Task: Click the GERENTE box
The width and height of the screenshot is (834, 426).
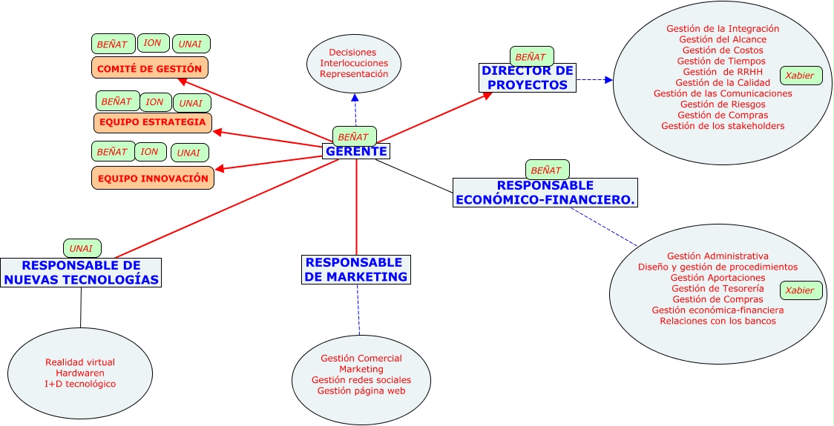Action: pos(356,151)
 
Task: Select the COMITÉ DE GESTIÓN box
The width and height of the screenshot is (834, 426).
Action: pos(149,68)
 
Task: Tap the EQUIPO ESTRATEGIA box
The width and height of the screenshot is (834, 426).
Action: pos(153,122)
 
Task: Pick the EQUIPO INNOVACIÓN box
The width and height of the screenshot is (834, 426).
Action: pos(153,178)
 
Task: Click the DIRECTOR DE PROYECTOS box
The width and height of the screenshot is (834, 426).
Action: pos(528,78)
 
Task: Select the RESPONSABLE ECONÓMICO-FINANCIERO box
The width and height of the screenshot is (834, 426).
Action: pos(545,193)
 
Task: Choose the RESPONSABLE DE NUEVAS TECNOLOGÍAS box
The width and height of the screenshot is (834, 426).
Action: pos(81,272)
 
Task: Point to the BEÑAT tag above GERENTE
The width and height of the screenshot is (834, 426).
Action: pos(353,136)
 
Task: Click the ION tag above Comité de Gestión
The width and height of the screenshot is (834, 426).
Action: pos(153,43)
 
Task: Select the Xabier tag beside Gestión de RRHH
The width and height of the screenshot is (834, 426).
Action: pos(799,76)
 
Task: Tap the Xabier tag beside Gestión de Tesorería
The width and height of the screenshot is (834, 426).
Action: pos(800,290)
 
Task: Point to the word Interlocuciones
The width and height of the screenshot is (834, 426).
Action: pos(354,63)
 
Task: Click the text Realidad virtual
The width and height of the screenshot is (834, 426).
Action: pos(80,362)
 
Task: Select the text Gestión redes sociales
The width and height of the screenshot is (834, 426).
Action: pos(361,380)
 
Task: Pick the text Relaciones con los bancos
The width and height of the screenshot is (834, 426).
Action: pos(718,321)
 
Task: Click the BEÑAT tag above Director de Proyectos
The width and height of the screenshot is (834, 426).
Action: pos(530,57)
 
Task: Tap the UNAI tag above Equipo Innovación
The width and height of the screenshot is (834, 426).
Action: pos(189,153)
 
